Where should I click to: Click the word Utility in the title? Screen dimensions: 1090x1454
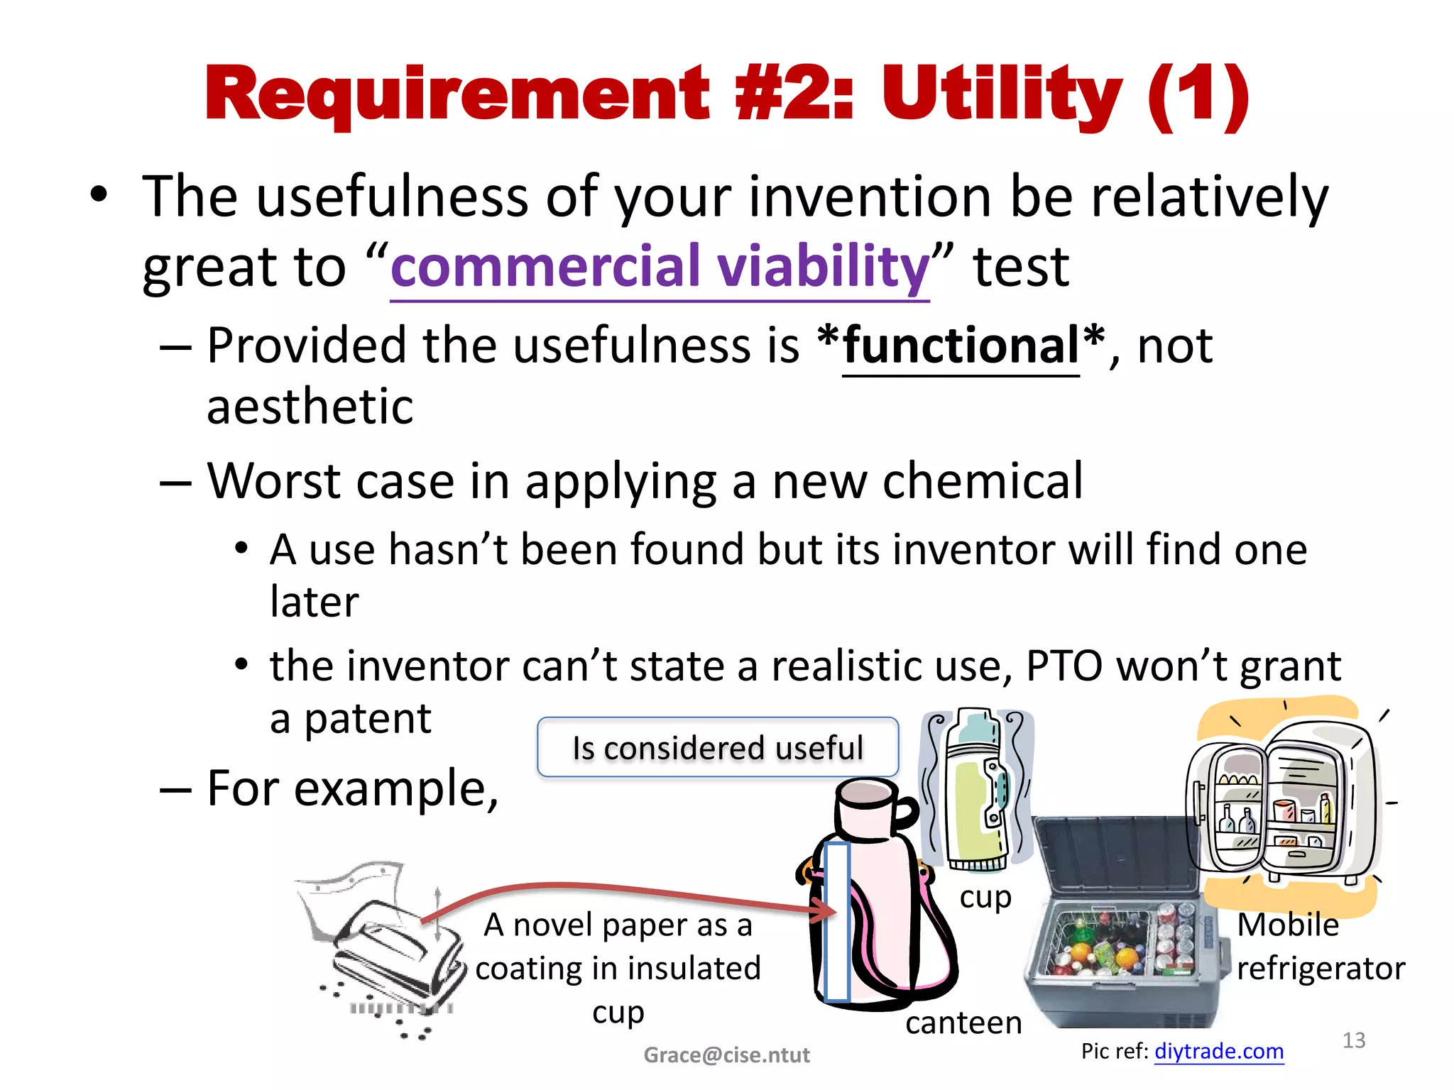tap(1001, 96)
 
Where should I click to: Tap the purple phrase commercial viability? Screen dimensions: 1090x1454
tap(660, 267)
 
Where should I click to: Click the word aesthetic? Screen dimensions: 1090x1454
tap(310, 407)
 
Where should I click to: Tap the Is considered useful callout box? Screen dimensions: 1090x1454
tap(718, 748)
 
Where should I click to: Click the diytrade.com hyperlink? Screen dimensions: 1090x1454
tap(1218, 1051)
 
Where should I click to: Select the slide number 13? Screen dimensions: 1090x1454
tap(1353, 1040)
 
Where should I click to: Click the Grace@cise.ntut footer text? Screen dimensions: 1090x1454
tap(726, 1055)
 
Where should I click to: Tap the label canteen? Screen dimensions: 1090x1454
tap(963, 1023)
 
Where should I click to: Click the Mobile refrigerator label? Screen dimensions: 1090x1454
tap(1319, 947)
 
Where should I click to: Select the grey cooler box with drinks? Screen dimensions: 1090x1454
tap(1122, 930)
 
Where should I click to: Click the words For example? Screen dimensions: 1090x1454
tap(353, 789)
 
